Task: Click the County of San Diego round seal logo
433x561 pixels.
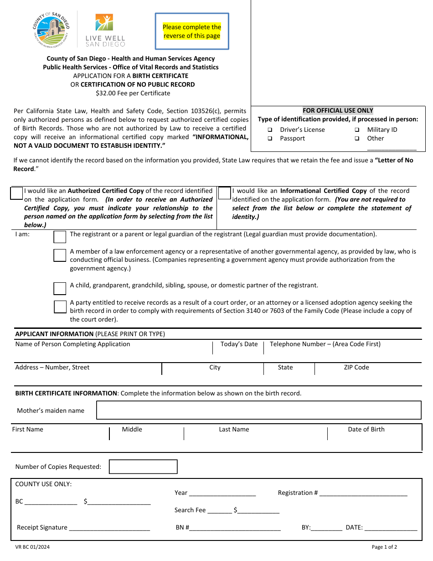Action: click(51, 30)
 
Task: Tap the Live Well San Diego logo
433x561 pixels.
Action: click(105, 30)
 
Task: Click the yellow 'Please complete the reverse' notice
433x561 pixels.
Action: click(192, 31)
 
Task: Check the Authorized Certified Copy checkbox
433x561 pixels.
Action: click(17, 193)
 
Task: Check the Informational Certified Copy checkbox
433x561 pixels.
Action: click(224, 193)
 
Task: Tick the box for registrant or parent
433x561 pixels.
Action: click(60, 237)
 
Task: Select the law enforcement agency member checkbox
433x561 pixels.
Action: click(60, 255)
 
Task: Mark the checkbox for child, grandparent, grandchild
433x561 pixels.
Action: click(60, 289)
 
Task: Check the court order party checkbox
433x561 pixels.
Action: click(60, 306)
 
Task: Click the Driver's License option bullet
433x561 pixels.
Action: click(270, 130)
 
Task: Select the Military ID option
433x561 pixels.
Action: click(357, 130)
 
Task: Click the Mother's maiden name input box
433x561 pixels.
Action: click(258, 410)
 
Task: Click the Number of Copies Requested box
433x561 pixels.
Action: click(143, 467)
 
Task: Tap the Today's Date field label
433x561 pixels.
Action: click(239, 344)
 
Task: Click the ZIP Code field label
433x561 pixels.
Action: click(356, 368)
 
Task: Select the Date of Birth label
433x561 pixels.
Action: click(366, 430)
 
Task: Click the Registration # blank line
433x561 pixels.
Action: click(363, 493)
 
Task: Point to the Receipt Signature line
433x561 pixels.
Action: click(109, 528)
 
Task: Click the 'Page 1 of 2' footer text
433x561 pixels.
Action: click(384, 547)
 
